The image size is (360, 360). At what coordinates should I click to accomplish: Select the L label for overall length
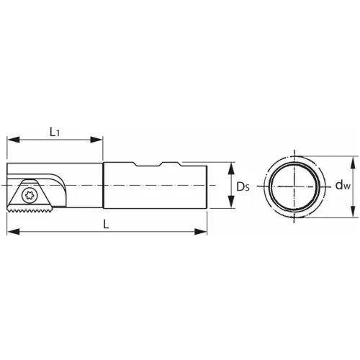tap(106, 224)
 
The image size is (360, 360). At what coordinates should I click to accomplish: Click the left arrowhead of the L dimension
tap(11, 232)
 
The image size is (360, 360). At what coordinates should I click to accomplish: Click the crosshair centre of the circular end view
tap(296, 186)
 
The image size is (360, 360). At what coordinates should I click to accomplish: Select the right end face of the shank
tap(207, 186)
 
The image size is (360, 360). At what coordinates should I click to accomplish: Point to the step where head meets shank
tap(104, 186)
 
